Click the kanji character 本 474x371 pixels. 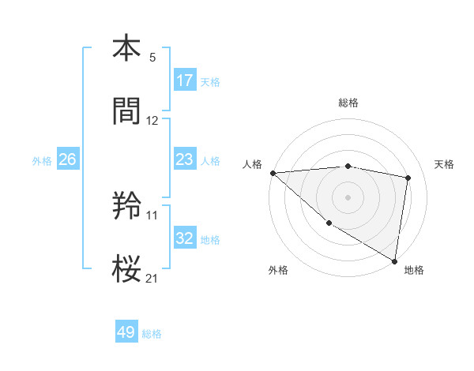(x=126, y=49)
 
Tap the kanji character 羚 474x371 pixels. (x=126, y=207)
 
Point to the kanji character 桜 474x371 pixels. (x=126, y=268)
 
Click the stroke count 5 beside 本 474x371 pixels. (x=152, y=58)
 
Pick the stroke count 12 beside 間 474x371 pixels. (x=152, y=121)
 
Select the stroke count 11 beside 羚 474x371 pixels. (x=152, y=215)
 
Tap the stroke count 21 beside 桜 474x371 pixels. (x=152, y=277)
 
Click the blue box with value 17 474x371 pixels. (x=185, y=81)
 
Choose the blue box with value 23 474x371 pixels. (x=185, y=159)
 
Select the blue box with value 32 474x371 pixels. (x=185, y=238)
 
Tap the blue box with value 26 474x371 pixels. (x=68, y=159)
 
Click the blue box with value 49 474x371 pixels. (x=126, y=332)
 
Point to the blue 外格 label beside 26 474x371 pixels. (x=42, y=160)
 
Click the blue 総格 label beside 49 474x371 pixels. (x=152, y=334)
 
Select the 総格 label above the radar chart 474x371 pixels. (x=348, y=103)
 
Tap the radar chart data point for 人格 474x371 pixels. (x=273, y=173)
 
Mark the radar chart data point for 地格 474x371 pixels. (x=395, y=260)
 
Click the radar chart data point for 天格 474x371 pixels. (x=408, y=178)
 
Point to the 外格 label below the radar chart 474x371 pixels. (x=277, y=270)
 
